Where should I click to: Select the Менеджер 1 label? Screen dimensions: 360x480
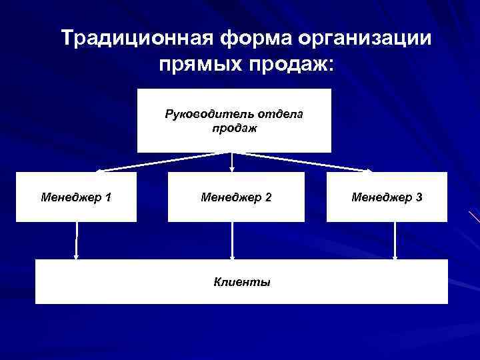76,197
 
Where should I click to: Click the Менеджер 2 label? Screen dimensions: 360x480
236,197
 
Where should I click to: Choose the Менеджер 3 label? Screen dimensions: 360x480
387,197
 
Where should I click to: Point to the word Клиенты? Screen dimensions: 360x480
242,282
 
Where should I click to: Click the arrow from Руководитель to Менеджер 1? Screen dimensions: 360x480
153,163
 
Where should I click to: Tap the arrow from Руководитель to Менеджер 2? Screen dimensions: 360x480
232,163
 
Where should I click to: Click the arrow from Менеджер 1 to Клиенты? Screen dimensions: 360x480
77,240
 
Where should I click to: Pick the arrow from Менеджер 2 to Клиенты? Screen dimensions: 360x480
233,240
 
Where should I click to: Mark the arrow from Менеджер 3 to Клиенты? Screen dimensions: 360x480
395,240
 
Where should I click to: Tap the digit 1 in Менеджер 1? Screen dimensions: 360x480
108,197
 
